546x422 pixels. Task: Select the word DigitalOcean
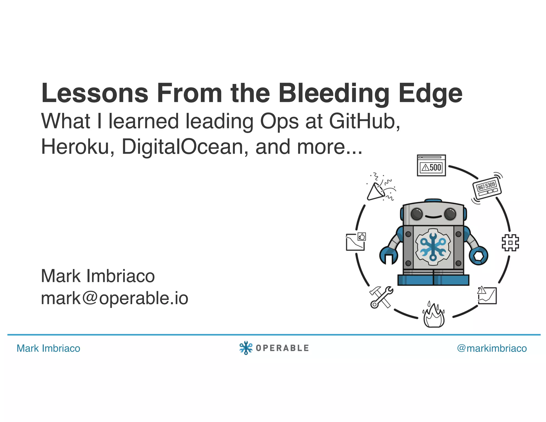point(182,147)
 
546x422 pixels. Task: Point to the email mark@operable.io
point(114,298)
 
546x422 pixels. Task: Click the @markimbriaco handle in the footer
point(492,348)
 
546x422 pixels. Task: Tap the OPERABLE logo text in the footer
point(282,348)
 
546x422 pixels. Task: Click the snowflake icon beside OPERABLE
point(246,348)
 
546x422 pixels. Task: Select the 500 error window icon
point(431,166)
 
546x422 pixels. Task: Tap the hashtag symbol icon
point(510,243)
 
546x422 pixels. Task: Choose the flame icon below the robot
point(434,316)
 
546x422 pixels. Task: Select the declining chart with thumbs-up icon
point(355,242)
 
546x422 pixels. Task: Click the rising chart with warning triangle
point(487,295)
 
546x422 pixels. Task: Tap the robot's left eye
point(417,214)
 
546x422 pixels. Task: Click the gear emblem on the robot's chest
point(433,247)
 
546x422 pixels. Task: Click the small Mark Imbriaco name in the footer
point(48,348)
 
